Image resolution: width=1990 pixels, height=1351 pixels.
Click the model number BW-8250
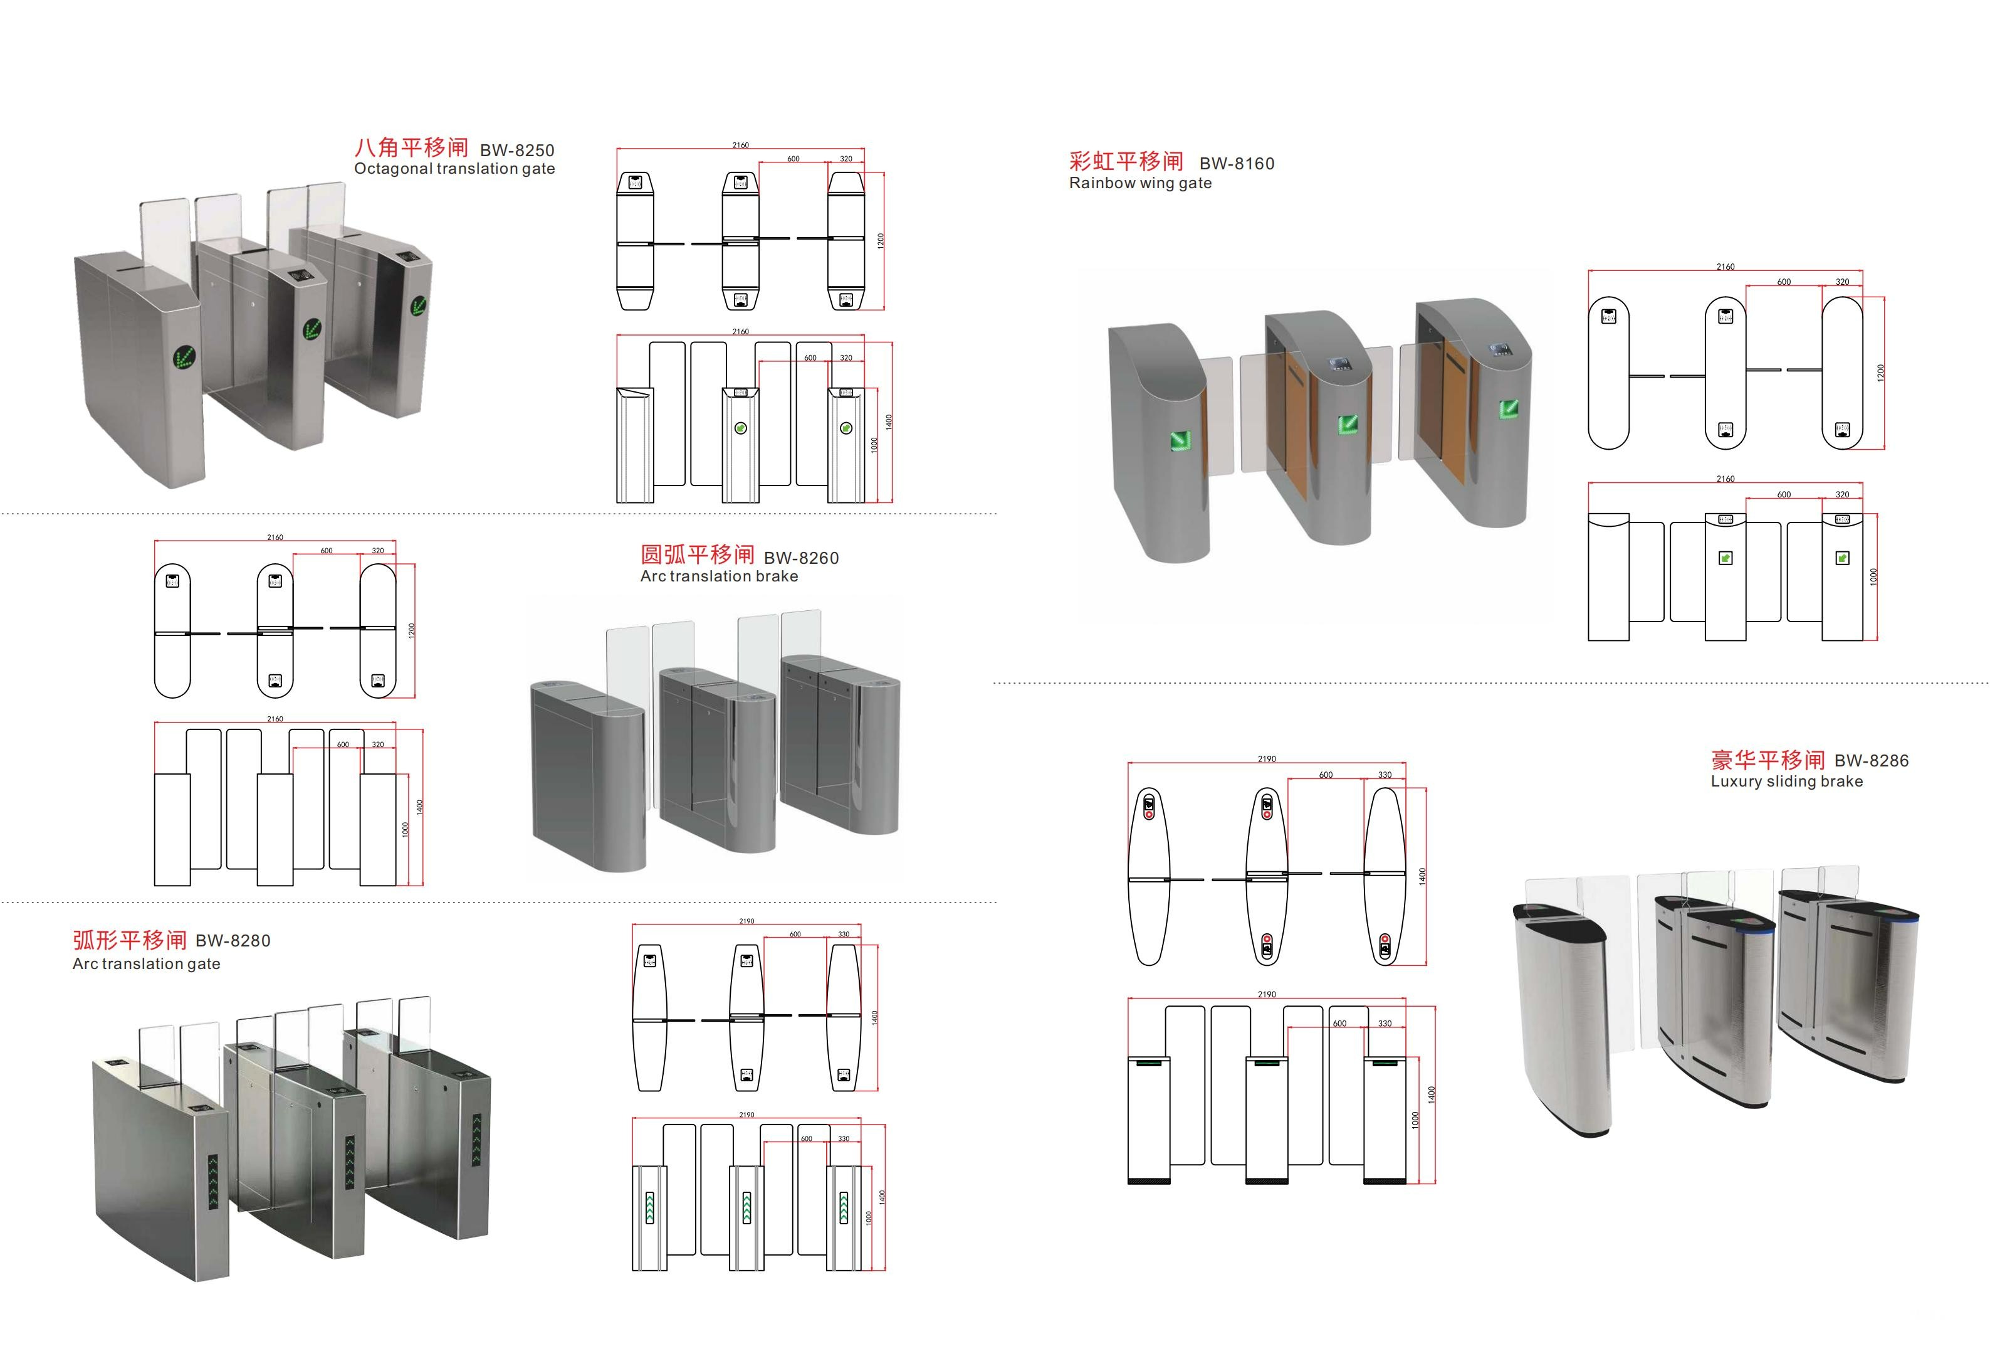(517, 151)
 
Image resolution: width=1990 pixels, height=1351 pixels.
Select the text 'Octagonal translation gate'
(454, 169)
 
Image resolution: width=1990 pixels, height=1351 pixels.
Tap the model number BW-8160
(1237, 164)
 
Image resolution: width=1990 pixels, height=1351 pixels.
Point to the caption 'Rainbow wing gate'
(1141, 183)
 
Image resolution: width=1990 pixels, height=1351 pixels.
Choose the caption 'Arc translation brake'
(720, 576)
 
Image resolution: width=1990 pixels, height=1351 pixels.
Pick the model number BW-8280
(233, 941)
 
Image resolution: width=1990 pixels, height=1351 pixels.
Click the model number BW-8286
(1872, 761)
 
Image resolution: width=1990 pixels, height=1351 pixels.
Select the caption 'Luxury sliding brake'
(1787, 781)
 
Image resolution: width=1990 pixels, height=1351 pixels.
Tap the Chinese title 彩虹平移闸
(1126, 161)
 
